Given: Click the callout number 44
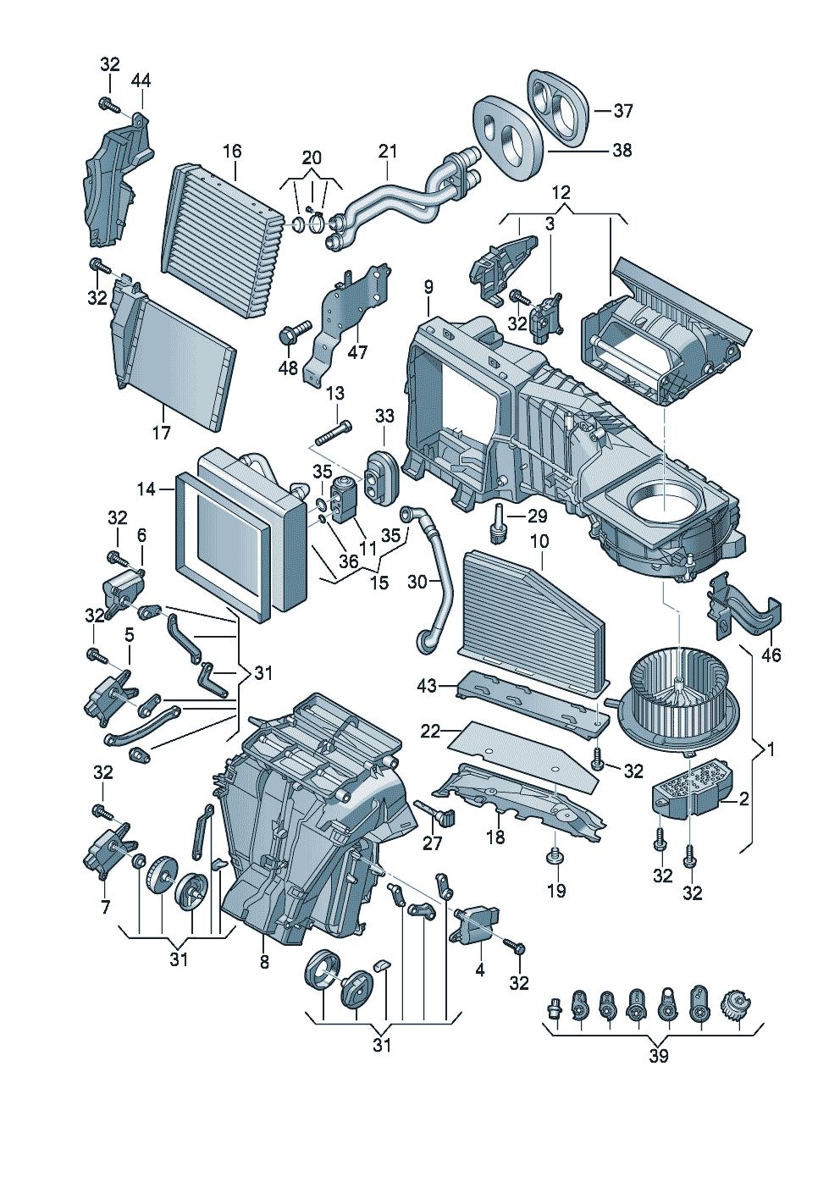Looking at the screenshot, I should click(141, 80).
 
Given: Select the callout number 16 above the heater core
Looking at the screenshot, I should click(232, 151).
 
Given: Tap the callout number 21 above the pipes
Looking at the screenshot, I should click(387, 152).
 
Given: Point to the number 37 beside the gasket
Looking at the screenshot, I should click(623, 111).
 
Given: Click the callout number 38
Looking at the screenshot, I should click(622, 150).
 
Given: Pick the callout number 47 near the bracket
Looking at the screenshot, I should click(357, 351).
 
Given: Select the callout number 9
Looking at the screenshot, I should click(428, 287).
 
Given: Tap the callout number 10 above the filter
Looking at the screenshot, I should click(539, 541).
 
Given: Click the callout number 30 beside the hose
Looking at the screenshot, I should click(417, 582).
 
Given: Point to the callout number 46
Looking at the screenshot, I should click(771, 655).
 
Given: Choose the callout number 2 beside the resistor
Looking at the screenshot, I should click(743, 798).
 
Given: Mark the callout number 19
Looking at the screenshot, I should click(556, 890).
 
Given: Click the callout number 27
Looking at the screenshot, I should click(432, 843).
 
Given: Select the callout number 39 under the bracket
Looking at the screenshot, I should click(659, 1056).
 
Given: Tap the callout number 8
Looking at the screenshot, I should click(264, 962).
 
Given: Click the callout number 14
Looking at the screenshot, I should click(146, 489).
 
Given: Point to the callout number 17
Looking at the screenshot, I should click(161, 433).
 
